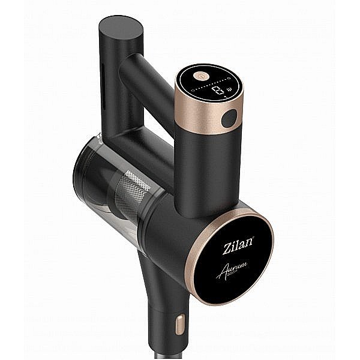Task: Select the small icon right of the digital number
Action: point(230,93)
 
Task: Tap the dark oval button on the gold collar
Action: point(229,119)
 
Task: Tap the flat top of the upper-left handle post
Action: point(121,26)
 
